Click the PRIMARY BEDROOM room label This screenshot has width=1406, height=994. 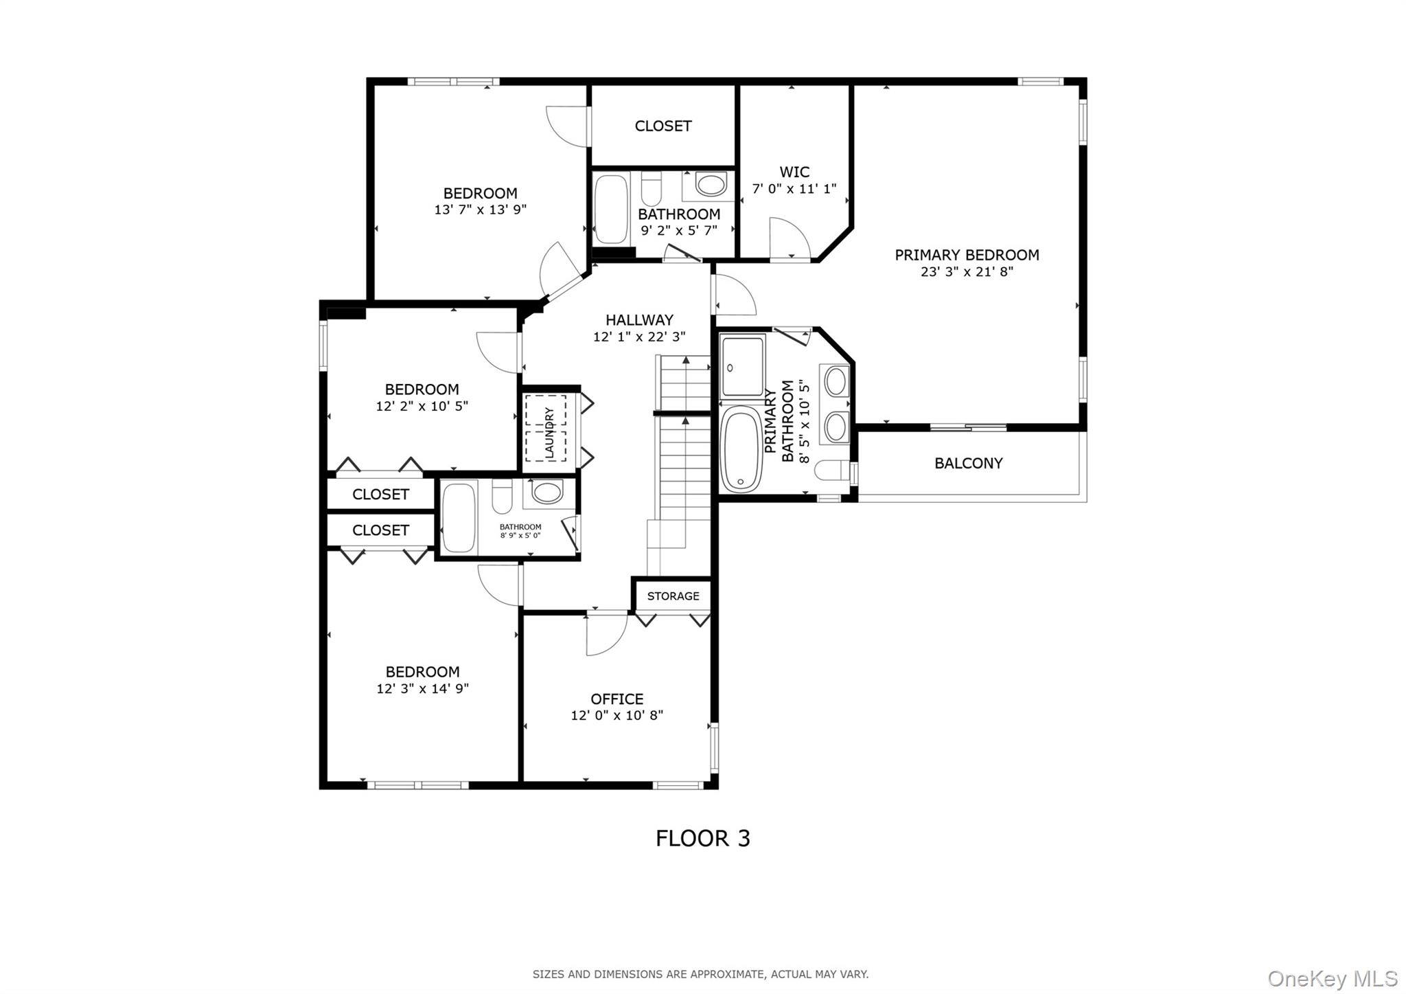966,255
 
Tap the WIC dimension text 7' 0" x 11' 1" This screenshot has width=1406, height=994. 794,189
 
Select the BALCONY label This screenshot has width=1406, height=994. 968,464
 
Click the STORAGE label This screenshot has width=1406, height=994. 673,596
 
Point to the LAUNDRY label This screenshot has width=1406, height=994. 549,432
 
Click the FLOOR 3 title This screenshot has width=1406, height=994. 702,839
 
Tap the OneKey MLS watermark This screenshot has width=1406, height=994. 1332,978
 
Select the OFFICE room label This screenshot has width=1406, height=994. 616,699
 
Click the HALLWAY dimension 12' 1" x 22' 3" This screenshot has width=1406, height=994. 639,337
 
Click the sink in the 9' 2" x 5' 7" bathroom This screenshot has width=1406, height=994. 711,185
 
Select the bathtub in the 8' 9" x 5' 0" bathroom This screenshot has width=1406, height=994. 459,517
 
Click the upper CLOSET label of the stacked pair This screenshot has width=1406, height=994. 380,495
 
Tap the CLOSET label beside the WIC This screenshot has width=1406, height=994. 662,126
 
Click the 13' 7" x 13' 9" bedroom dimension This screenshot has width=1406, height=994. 480,210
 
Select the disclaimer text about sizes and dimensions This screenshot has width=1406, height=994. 700,974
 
